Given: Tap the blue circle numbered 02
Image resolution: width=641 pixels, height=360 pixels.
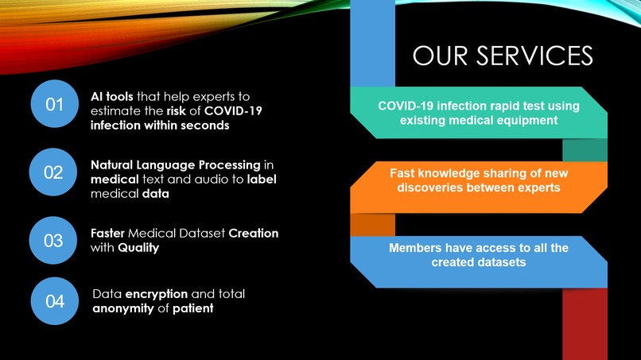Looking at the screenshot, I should point(54,172).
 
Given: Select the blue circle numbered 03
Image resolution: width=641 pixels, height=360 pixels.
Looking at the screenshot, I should point(54,239).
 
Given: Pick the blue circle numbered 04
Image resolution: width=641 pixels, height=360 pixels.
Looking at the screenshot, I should point(54,301).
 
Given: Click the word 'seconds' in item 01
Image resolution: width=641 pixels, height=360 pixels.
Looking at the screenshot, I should point(207,126).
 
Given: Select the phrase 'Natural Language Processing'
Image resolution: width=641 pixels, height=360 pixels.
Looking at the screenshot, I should point(176,165).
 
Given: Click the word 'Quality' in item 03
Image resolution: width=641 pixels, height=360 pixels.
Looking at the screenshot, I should point(139,247).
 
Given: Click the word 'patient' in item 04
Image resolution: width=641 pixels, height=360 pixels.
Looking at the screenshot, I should point(193,308).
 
